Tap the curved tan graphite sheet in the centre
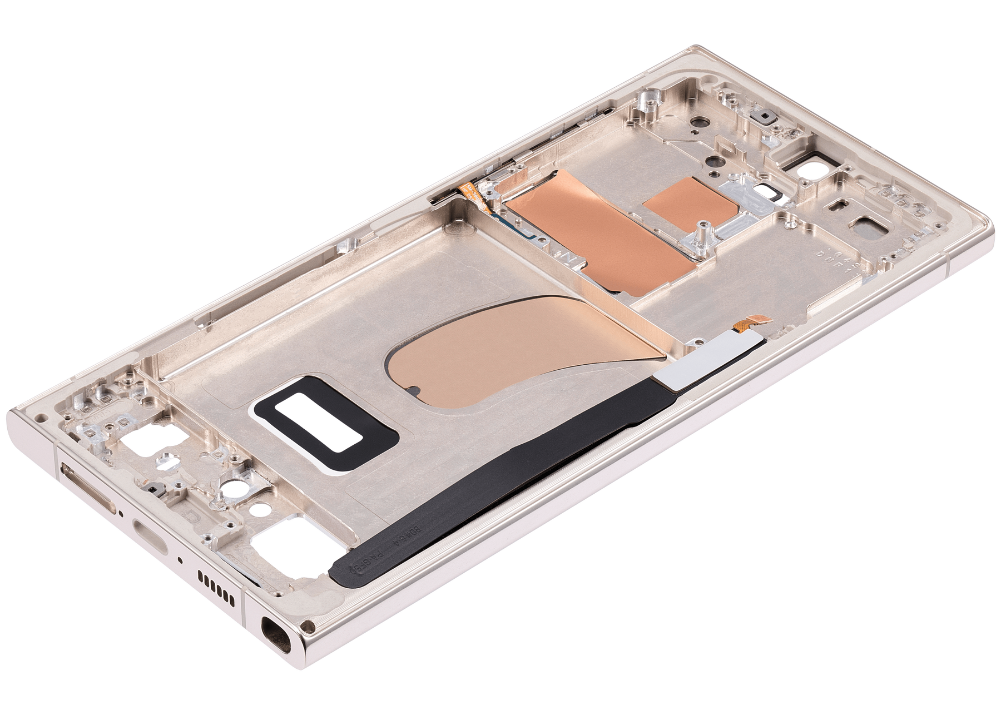pyautogui.click(x=520, y=347)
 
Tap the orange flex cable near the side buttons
pyautogui.click(x=473, y=194)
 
